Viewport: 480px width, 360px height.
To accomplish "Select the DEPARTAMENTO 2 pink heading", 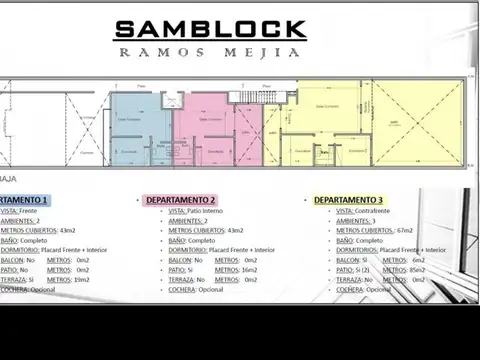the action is click(x=181, y=200).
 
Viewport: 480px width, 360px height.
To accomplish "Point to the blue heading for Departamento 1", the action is click(x=30, y=200).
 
